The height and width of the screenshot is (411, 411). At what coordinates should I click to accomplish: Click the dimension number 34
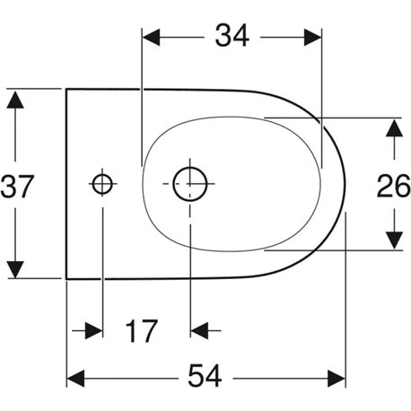click(x=232, y=36)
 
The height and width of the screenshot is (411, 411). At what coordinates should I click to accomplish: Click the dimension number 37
click(x=17, y=187)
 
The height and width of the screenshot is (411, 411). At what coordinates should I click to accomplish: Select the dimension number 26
click(x=393, y=186)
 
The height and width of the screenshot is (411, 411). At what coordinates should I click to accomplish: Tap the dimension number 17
click(x=141, y=330)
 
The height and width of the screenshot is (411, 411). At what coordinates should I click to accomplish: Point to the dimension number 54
click(x=205, y=375)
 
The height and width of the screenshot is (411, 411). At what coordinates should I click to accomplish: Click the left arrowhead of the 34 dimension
click(x=151, y=38)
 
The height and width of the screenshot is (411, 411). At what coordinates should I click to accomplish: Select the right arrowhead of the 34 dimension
click(x=312, y=38)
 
